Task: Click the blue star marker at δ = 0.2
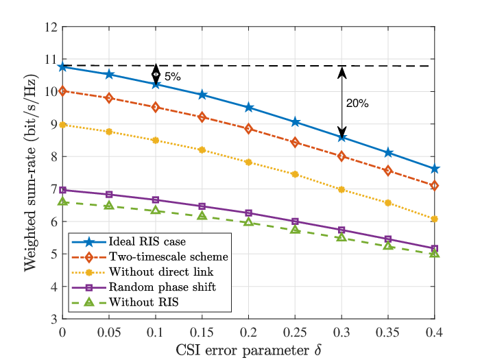coord(248,108)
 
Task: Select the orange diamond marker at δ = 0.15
coord(202,117)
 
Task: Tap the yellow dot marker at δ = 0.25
coord(295,174)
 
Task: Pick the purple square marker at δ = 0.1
coord(156,200)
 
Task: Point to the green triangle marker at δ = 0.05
coord(109,206)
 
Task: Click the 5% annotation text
coord(173,77)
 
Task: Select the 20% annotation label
coord(357,104)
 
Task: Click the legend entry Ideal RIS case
coord(147,241)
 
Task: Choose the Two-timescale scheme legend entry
coord(169,256)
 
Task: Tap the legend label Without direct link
coord(161,272)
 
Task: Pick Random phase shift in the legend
coord(163,287)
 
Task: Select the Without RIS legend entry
coord(143,302)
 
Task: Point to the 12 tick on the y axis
coord(51,27)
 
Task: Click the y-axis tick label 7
coord(54,189)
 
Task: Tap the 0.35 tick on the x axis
coord(388,332)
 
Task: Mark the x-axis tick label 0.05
coord(109,332)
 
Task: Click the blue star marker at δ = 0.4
coord(434,169)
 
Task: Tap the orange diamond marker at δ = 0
coord(62,91)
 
